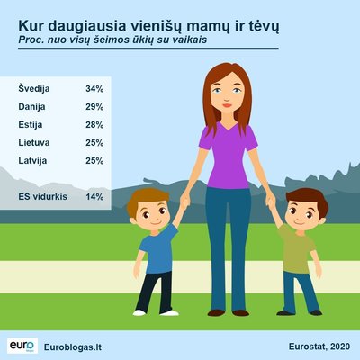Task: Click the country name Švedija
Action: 34,88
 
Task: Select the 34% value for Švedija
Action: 94,89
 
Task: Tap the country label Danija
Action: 31,107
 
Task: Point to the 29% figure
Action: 94,107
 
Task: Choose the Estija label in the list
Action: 31,125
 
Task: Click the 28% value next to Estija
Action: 94,125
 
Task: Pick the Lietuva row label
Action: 34,142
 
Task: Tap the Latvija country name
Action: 32,161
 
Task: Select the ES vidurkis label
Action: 42,197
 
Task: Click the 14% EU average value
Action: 94,197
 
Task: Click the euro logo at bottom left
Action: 22,346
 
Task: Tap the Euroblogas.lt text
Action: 73,347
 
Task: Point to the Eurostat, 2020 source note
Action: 319,346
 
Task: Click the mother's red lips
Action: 227,105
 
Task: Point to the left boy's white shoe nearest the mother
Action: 169,313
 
